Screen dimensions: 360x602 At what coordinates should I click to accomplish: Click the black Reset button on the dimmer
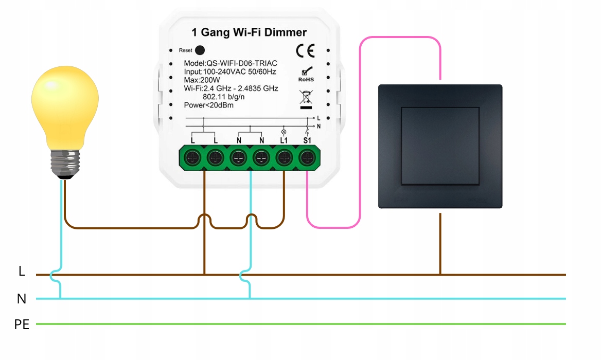[x=200, y=50]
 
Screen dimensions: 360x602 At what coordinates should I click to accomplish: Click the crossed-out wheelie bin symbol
[x=306, y=98]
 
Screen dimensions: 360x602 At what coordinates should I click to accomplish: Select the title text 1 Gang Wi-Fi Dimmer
[x=249, y=32]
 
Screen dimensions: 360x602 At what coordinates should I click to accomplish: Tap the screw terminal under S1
[x=307, y=156]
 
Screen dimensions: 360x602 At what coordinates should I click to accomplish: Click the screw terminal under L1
[x=284, y=156]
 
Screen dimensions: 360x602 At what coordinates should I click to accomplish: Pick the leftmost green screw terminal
[x=192, y=156]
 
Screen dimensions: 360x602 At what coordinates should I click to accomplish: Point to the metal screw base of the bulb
[x=65, y=163]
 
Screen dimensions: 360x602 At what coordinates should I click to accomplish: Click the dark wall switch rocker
[x=440, y=146]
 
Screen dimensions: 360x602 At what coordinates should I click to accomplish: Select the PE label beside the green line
[x=22, y=325]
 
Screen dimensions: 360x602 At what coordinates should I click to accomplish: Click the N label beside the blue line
[x=22, y=299]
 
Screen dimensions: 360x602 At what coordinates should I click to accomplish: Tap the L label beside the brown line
[x=22, y=272]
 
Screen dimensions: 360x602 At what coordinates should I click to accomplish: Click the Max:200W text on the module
[x=202, y=80]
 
